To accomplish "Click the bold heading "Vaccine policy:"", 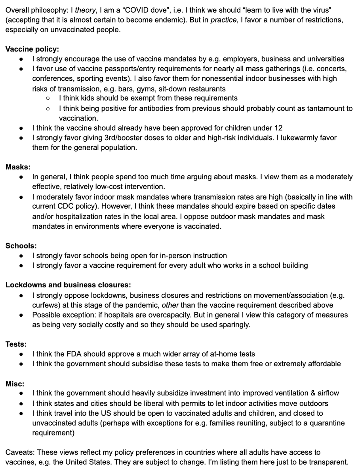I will (32, 49).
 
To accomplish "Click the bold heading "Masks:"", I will (18, 167).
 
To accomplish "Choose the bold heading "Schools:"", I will (21, 246).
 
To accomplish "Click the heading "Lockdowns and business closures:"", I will (68, 285).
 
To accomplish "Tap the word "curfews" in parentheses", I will (45, 305).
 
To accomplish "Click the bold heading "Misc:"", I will (15, 383).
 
